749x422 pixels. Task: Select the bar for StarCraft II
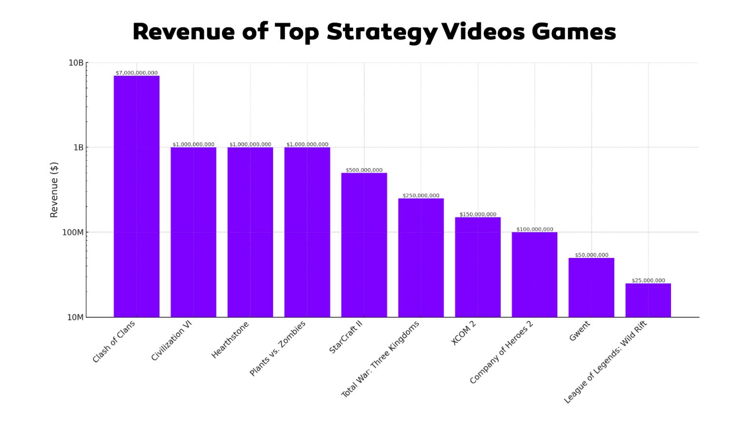pyautogui.click(x=364, y=245)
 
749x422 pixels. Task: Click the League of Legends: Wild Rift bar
pyautogui.click(x=648, y=300)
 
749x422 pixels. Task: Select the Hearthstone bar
pyautogui.click(x=250, y=232)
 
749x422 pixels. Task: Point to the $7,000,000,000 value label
pyautogui.click(x=137, y=73)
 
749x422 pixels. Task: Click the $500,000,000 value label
pyautogui.click(x=364, y=170)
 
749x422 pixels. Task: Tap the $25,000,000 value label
pyautogui.click(x=648, y=280)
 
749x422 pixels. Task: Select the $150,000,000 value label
pyautogui.click(x=478, y=214)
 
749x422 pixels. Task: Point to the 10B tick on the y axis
pyautogui.click(x=76, y=63)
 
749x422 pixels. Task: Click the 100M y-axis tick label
pyautogui.click(x=73, y=232)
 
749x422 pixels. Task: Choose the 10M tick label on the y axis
pyautogui.click(x=75, y=317)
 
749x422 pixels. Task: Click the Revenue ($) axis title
pyautogui.click(x=54, y=190)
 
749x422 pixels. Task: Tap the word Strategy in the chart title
pyautogui.click(x=382, y=32)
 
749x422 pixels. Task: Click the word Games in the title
pyautogui.click(x=573, y=32)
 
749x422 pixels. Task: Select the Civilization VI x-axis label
pyautogui.click(x=171, y=340)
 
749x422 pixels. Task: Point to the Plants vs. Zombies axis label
pyautogui.click(x=277, y=348)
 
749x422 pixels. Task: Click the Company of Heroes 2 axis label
pyautogui.click(x=501, y=352)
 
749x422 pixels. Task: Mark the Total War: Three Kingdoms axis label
pyautogui.click(x=380, y=359)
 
